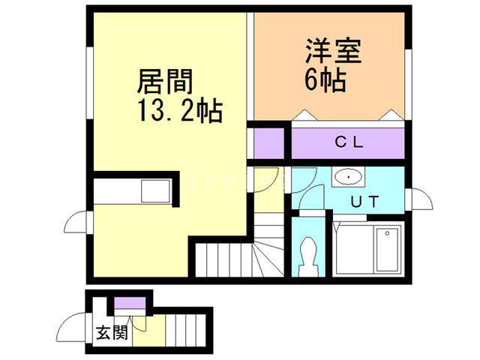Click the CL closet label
click(349, 141)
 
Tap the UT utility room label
click(366, 200)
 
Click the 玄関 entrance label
click(111, 334)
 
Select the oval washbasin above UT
click(348, 178)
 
